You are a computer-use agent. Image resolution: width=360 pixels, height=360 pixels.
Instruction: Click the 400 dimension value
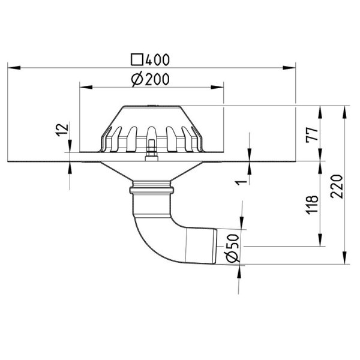(x=158, y=59)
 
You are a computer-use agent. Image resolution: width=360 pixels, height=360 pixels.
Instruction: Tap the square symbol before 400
(x=137, y=59)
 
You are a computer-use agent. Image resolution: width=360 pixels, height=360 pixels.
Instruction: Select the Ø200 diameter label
(x=151, y=79)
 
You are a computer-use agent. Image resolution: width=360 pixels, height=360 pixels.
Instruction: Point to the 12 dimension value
(x=63, y=130)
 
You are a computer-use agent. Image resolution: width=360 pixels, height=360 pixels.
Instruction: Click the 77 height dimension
(x=313, y=135)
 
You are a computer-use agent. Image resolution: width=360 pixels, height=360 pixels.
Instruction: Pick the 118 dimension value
(x=313, y=205)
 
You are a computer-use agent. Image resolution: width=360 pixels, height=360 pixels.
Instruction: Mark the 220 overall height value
(x=337, y=187)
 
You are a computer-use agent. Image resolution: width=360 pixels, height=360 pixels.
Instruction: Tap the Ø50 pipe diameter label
(x=233, y=248)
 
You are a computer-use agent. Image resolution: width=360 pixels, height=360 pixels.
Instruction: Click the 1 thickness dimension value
(x=241, y=182)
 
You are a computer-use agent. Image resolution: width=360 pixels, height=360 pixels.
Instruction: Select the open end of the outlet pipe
(x=215, y=246)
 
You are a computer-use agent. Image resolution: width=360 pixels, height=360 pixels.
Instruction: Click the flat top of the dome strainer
(x=152, y=106)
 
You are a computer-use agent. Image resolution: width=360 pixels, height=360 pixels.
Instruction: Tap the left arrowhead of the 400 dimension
(x=14, y=68)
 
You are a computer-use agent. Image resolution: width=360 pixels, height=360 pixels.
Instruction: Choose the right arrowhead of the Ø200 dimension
(x=217, y=87)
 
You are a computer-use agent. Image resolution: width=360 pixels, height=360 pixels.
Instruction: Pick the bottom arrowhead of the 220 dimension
(x=344, y=258)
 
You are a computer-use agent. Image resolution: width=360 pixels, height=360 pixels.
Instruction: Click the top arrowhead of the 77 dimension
(x=320, y=112)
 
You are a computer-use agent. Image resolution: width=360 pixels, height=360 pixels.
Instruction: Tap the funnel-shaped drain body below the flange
(x=152, y=171)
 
